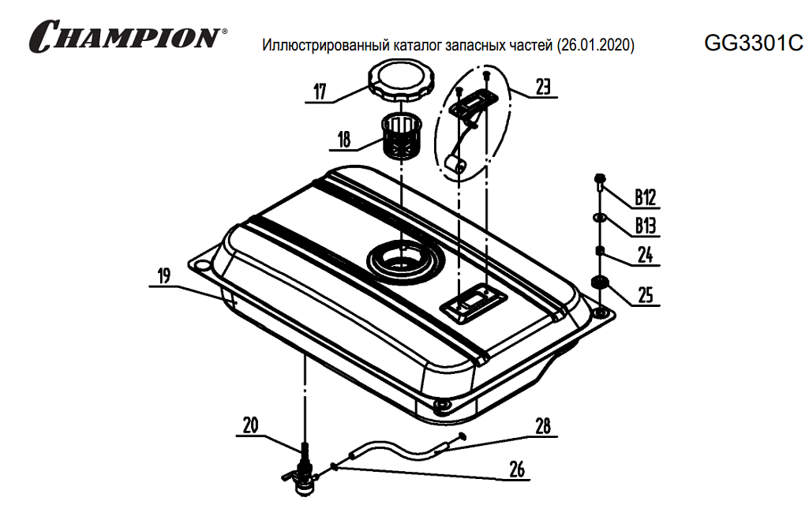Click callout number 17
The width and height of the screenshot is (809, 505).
pos(320,92)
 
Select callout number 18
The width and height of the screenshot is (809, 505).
pos(344,140)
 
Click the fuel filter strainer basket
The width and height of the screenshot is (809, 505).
pos(402,136)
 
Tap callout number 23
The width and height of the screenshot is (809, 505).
pos(543,87)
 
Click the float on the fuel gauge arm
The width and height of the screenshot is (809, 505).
pos(455,164)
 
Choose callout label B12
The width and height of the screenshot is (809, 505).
pos(646,197)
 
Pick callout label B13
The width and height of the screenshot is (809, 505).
pos(646,226)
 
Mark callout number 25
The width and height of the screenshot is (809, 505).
pos(646,295)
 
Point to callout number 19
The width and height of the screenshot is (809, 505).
pos(164,276)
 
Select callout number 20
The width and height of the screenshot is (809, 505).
pos(250,425)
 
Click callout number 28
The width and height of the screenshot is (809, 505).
pos(543,427)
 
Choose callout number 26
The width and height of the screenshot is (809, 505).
pos(517,469)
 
